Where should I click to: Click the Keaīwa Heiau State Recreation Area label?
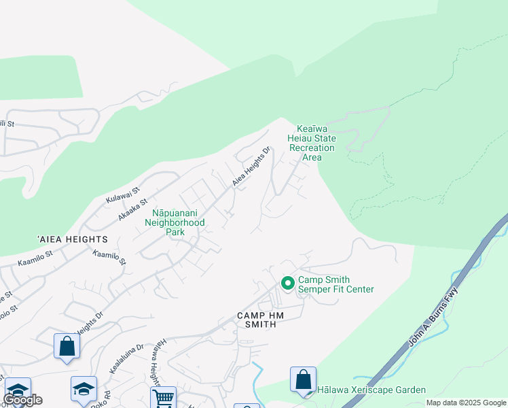[x=312, y=143]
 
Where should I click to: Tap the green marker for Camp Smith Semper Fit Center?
[x=287, y=282]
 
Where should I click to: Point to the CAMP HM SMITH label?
[x=256, y=320]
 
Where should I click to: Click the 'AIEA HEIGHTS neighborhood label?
[x=73, y=239]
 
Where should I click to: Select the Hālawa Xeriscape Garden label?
[x=371, y=390]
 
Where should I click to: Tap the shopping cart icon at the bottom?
[x=163, y=398]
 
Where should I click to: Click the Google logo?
[x=22, y=400]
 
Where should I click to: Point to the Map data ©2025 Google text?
[x=466, y=403]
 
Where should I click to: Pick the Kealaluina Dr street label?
[x=126, y=358]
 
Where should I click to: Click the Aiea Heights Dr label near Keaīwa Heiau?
[x=251, y=167]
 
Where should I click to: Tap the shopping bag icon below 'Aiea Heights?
[x=67, y=346]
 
